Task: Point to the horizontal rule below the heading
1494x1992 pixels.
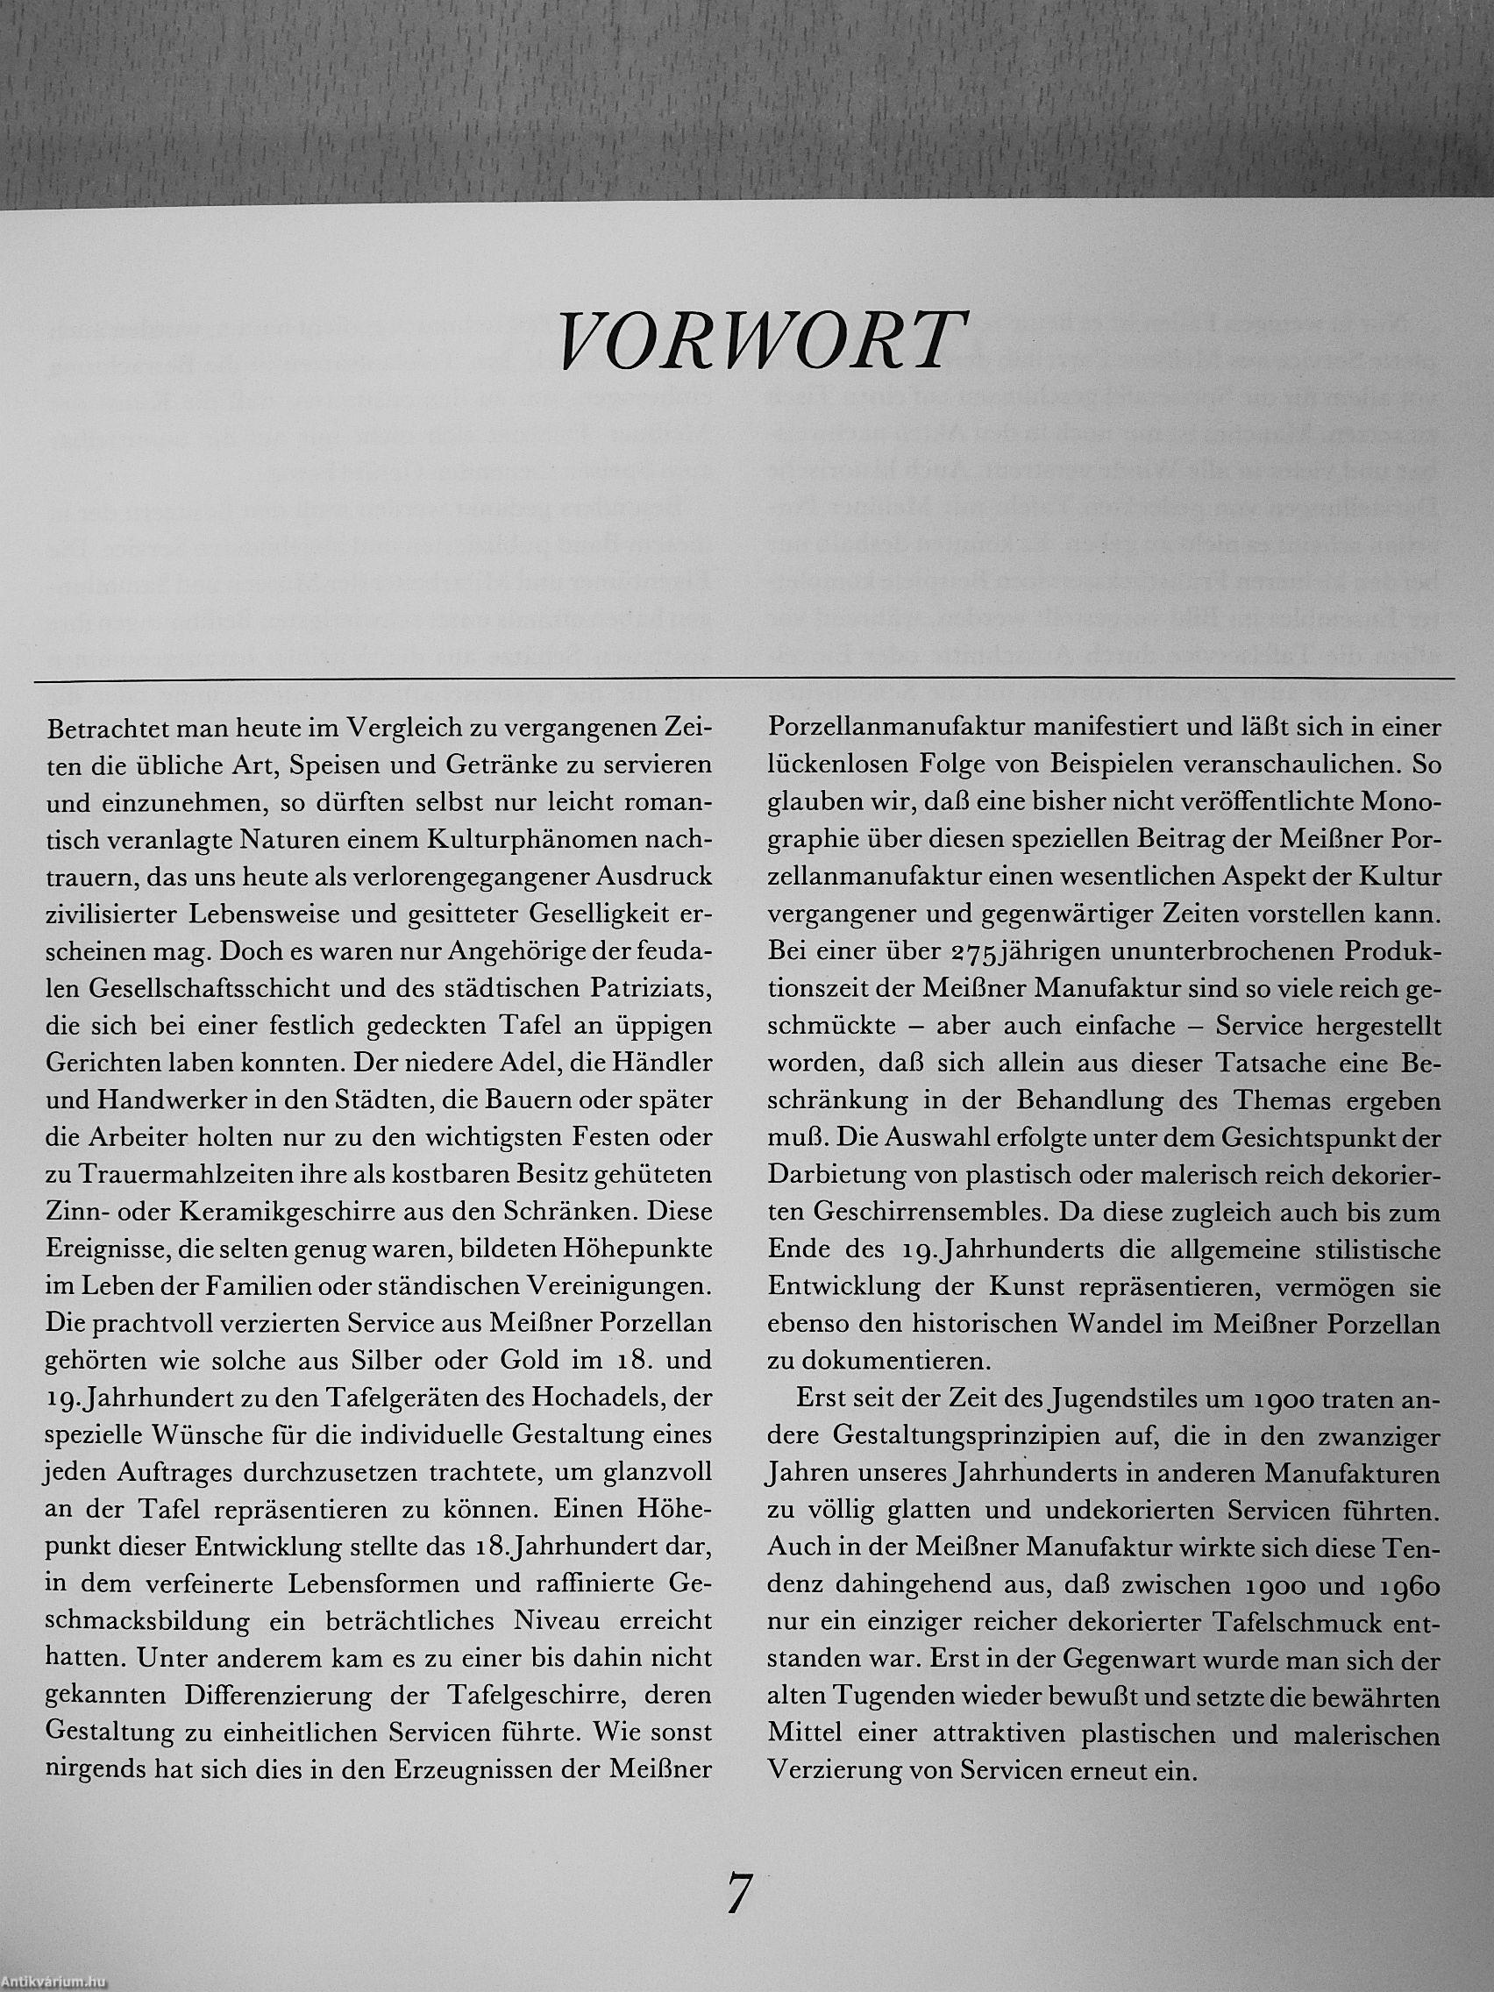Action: (x=743, y=678)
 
